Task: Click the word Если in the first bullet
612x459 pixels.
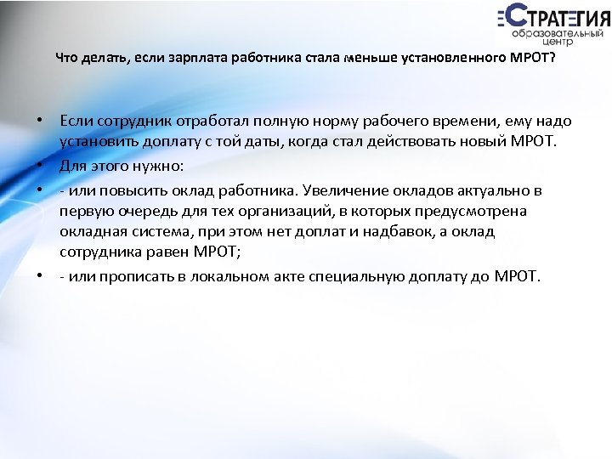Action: click(76, 122)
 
